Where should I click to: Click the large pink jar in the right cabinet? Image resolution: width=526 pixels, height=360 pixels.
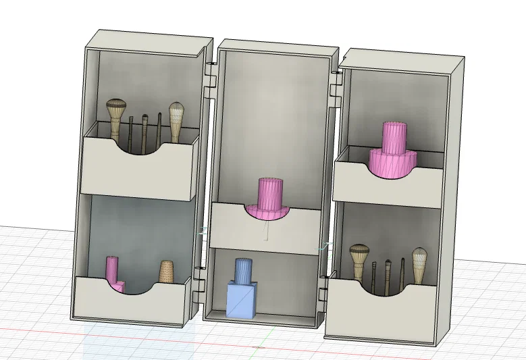pyautogui.click(x=394, y=152)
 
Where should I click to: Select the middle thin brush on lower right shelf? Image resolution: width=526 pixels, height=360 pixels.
pyautogui.click(x=388, y=270)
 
